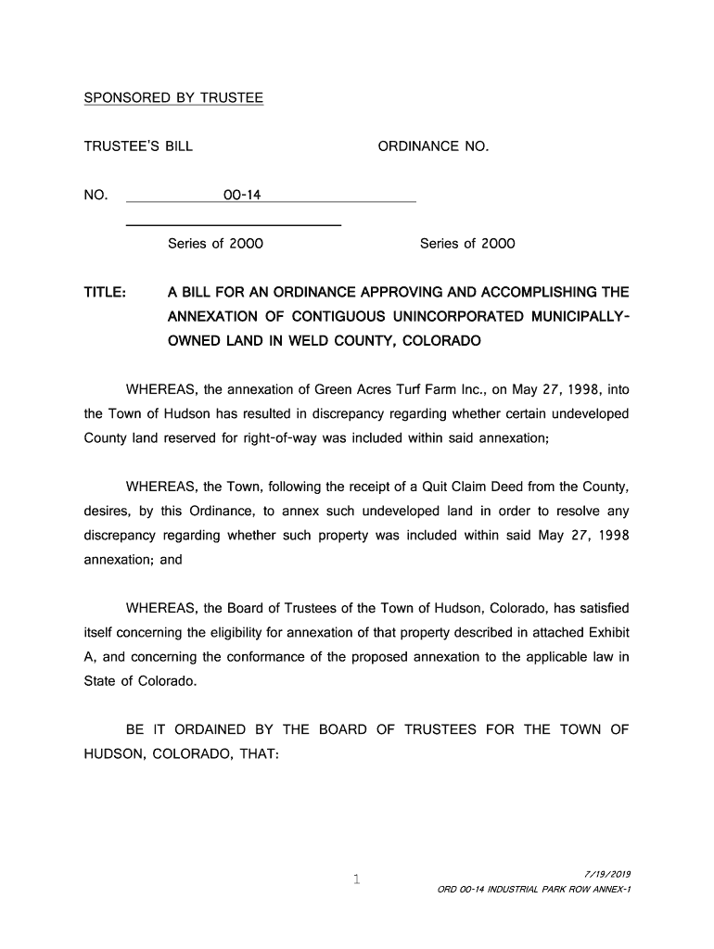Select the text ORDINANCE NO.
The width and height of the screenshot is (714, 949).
pyautogui.click(x=433, y=146)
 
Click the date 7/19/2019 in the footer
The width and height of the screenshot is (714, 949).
pyautogui.click(x=607, y=874)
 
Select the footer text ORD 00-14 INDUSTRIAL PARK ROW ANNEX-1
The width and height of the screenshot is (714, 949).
pyautogui.click(x=534, y=891)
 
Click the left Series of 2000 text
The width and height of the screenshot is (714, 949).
pyautogui.click(x=215, y=245)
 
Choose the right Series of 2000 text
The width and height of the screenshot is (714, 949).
pyautogui.click(x=467, y=245)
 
